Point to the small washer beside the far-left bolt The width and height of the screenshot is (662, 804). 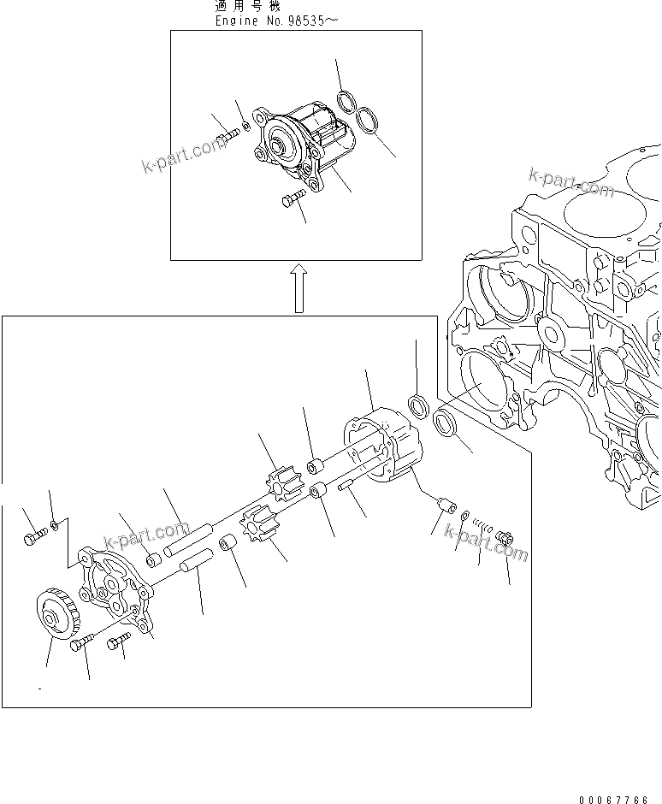coord(54,523)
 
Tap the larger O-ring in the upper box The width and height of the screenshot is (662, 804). coord(369,121)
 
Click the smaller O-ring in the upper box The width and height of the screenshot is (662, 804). coord(346,103)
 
